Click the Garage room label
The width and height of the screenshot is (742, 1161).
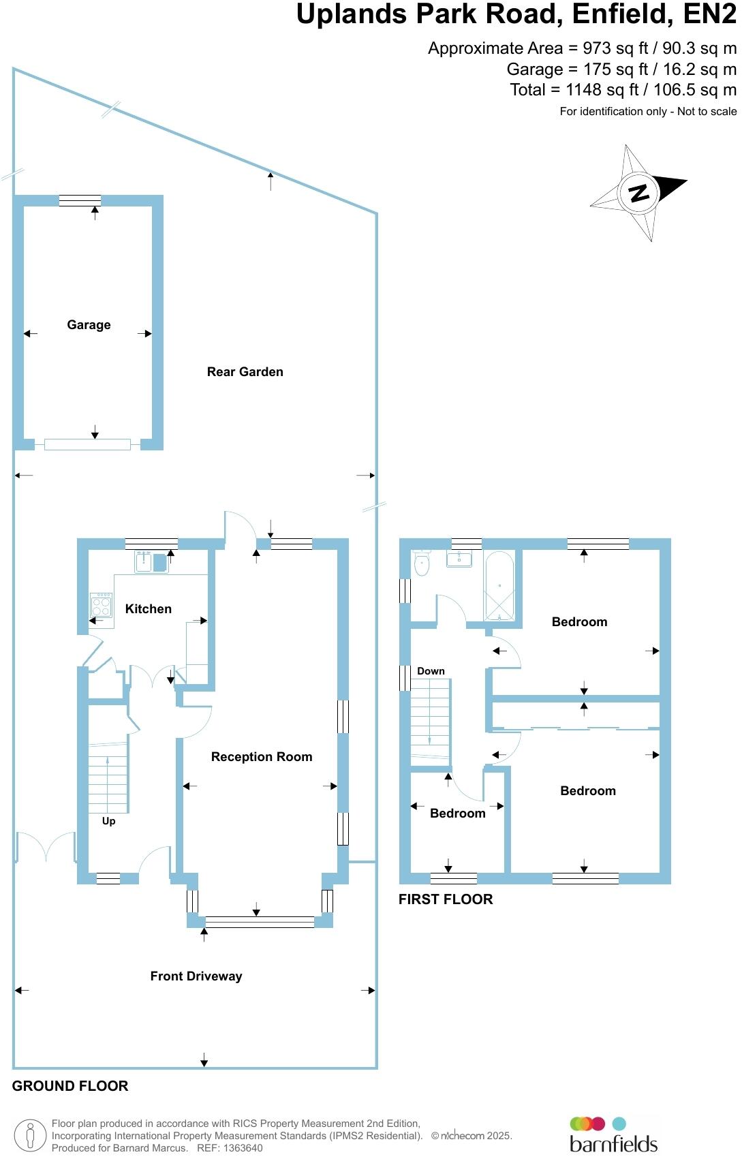tap(89, 325)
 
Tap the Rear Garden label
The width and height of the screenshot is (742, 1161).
tap(245, 372)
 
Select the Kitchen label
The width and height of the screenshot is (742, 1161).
tap(148, 609)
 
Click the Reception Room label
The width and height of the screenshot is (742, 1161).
tap(261, 757)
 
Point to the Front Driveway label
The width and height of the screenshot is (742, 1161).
tap(196, 976)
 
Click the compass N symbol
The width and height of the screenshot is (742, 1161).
tap(638, 193)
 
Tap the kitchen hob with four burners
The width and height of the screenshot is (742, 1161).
tap(102, 604)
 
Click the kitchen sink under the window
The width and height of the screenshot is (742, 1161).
tap(151, 563)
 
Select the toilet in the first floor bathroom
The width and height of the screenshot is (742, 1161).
tap(422, 563)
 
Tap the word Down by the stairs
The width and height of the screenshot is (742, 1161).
tap(431, 671)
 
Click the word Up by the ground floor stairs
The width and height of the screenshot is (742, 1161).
tap(108, 821)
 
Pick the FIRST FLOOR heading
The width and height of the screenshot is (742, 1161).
tap(446, 899)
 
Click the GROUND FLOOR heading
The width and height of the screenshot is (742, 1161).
tap(70, 1086)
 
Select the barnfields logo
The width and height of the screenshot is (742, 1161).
tap(613, 1135)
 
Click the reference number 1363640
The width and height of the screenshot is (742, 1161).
tap(239, 1148)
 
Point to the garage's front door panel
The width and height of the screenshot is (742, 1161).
tap(87, 445)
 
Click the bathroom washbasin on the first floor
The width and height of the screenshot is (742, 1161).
tap(460, 559)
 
